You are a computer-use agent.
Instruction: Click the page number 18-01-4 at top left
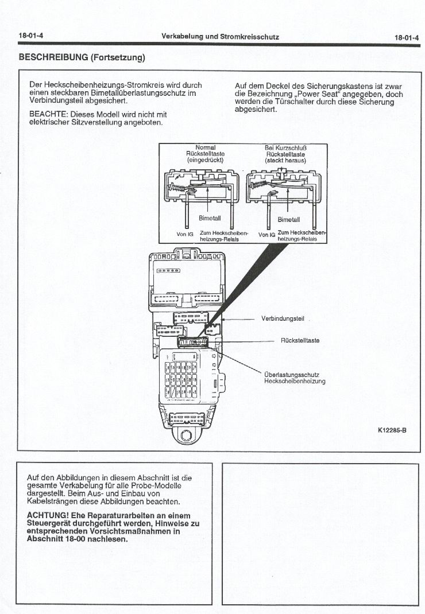click(31, 36)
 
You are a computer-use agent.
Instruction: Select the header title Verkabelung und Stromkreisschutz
click(220, 36)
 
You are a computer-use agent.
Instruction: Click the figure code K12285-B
click(392, 430)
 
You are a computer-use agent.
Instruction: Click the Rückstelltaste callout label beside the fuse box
click(300, 340)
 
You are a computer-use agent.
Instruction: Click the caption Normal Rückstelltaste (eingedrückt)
click(205, 153)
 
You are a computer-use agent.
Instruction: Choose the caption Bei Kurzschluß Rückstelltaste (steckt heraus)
click(285, 153)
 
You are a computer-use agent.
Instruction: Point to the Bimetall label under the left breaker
click(205, 219)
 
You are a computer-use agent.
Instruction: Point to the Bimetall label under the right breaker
click(288, 219)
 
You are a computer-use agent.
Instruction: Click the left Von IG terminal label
click(186, 234)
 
